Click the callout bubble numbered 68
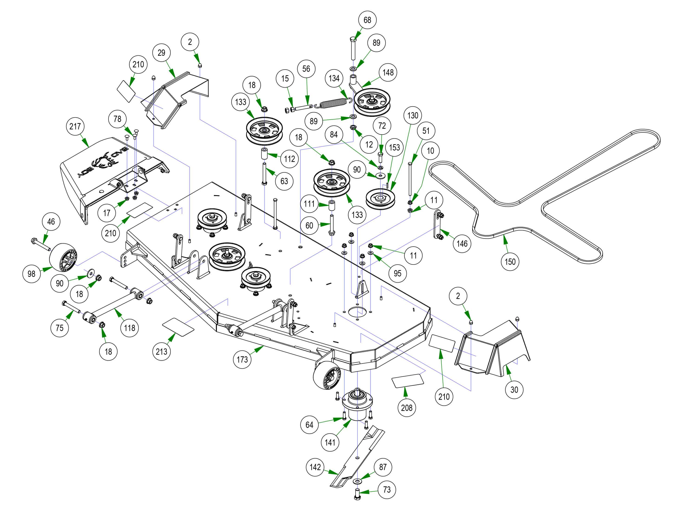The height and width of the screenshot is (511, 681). tap(367, 20)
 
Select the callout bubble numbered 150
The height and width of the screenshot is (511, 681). tap(510, 262)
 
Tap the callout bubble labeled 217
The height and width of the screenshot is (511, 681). tap(75, 126)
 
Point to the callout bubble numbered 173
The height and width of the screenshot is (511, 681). tap(242, 359)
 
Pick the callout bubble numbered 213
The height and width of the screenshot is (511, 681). tap(161, 351)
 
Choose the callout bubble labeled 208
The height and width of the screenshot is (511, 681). tap(406, 408)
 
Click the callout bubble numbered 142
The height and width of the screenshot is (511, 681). tap(315, 467)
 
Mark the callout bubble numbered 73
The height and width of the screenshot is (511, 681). tap(387, 489)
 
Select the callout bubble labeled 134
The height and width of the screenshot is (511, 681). tap(334, 78)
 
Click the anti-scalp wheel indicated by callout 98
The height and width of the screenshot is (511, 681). tap(63, 257)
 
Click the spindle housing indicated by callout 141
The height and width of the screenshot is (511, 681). tap(357, 405)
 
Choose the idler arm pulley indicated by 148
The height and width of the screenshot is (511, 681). tap(372, 102)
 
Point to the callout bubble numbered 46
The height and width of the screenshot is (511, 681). tap(51, 221)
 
